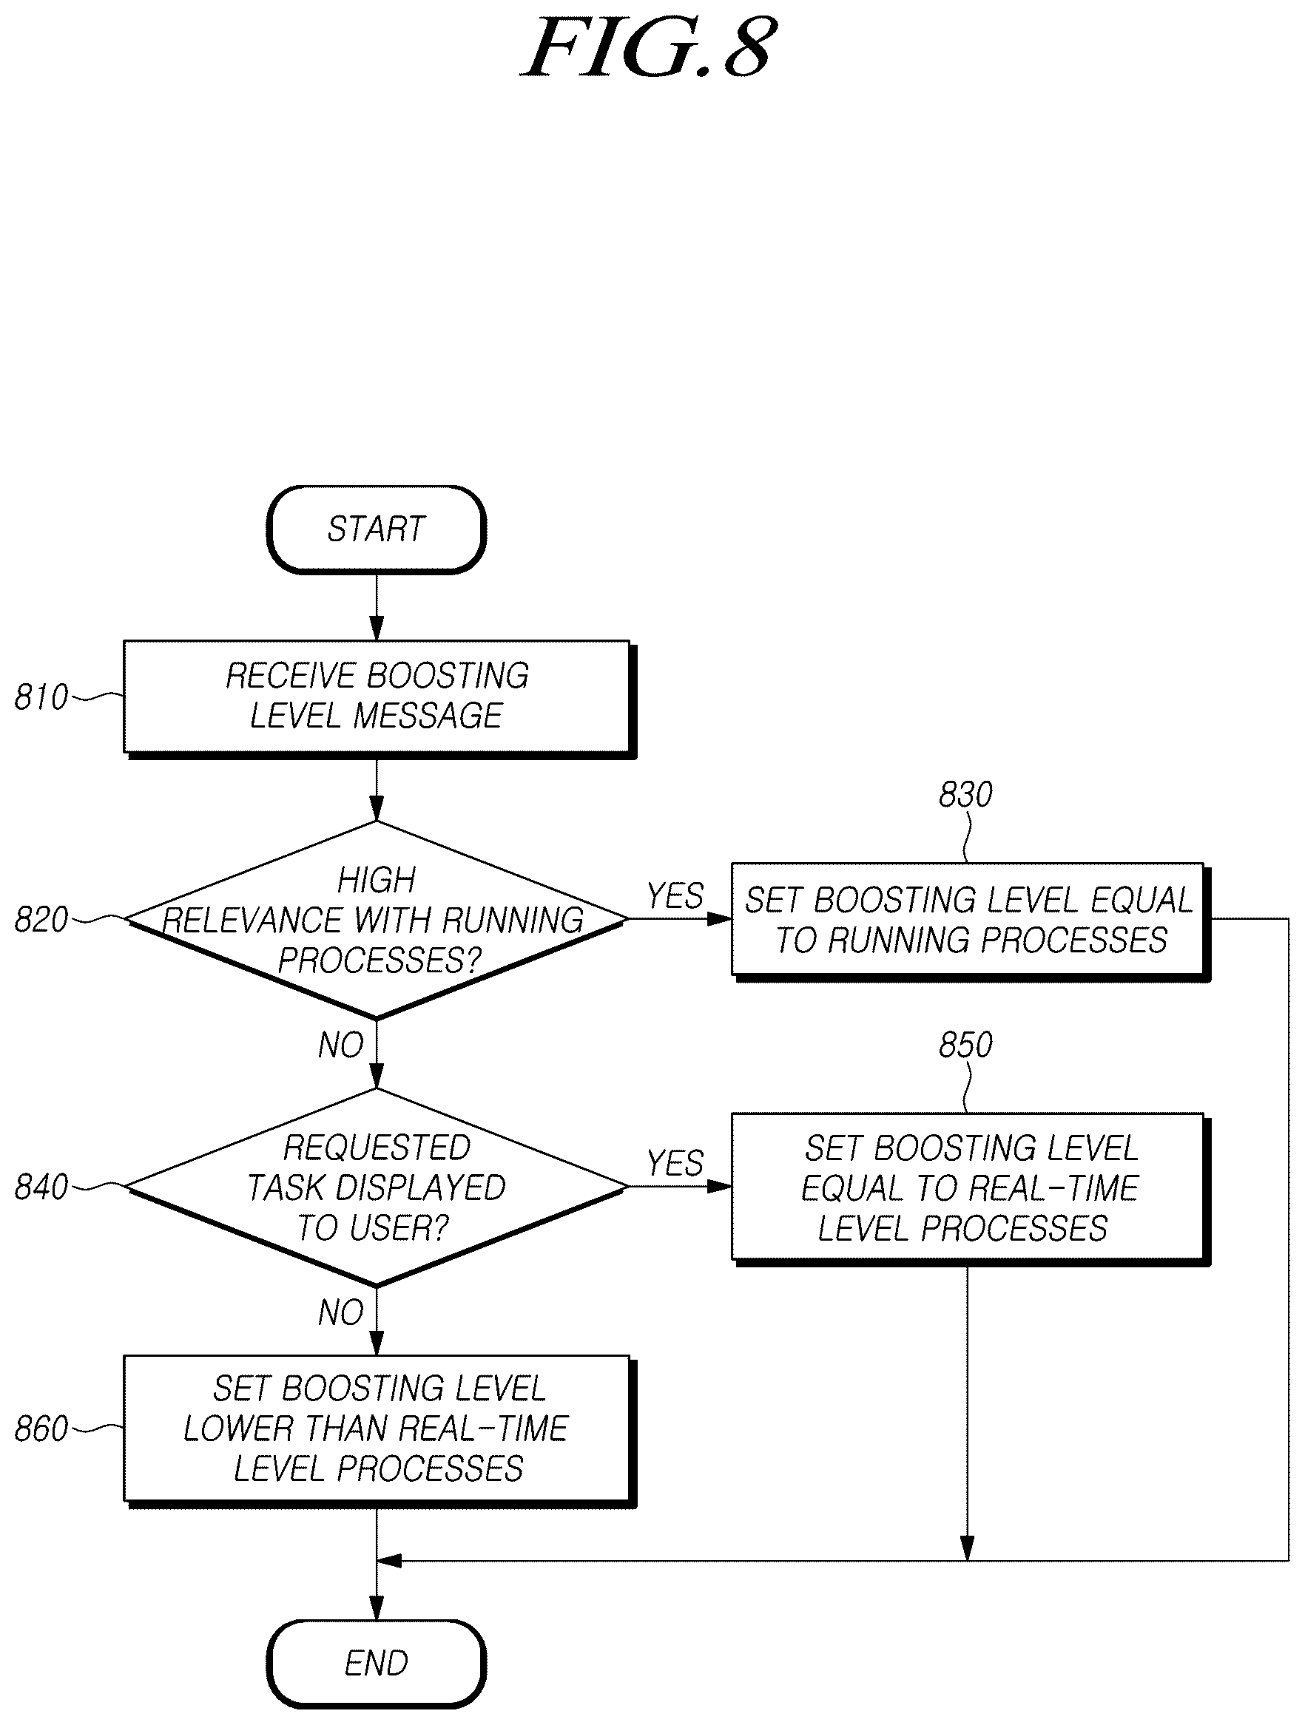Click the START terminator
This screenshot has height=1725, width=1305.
[376, 529]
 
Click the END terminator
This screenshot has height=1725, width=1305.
[376, 1664]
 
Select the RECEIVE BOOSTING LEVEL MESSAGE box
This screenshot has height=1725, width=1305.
[378, 698]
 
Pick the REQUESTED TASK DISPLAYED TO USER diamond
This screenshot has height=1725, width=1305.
[376, 1187]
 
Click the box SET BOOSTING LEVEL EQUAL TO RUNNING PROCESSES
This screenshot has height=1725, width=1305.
[970, 921]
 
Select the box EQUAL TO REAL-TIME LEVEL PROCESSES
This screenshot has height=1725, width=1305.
[970, 1188]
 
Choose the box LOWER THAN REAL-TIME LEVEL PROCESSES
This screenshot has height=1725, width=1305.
[378, 1430]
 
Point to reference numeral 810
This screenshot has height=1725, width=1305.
[41, 697]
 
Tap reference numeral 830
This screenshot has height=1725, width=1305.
[965, 795]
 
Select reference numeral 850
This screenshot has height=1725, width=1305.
[965, 1045]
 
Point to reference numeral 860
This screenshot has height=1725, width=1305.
[41, 1429]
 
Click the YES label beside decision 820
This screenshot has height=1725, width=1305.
[675, 896]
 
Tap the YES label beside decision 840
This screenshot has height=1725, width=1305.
[675, 1164]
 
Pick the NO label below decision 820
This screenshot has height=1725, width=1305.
[341, 1045]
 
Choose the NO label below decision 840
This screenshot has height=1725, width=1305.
[341, 1313]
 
